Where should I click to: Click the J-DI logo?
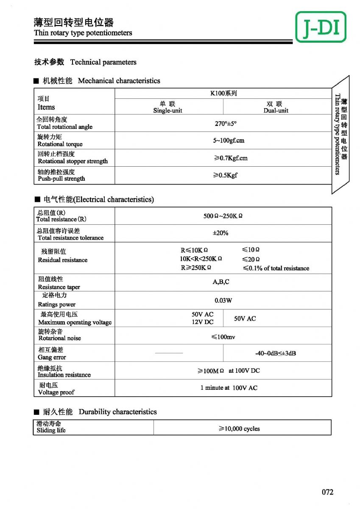click(321, 27)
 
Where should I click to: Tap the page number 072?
click(327, 492)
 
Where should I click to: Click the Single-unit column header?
click(167, 107)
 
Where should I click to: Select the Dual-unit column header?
click(276, 107)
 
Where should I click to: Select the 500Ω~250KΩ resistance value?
click(223, 216)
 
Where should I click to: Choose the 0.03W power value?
click(223, 300)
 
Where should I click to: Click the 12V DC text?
click(203, 322)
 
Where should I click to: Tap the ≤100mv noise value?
click(223, 337)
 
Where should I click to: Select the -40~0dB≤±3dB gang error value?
click(276, 353)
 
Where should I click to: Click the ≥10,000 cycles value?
click(239, 429)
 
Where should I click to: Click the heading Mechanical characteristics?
click(119, 81)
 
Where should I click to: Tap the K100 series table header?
click(223, 93)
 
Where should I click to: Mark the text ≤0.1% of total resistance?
click(276, 268)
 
